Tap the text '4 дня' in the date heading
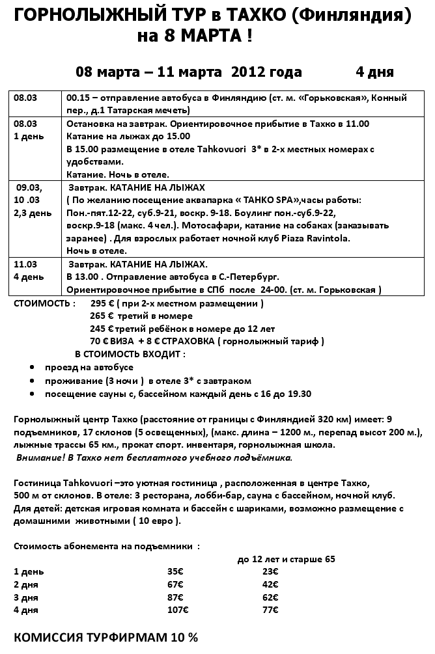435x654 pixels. point(374,72)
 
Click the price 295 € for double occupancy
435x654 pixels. point(102,303)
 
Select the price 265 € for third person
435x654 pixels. point(102,316)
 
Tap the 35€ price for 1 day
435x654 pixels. point(175,571)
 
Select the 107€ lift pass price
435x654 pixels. point(177,610)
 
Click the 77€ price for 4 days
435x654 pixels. point(270,610)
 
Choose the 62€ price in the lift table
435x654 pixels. point(270,597)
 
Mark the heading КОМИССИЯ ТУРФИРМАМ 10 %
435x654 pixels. point(105,637)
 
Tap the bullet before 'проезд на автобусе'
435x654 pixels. point(33,368)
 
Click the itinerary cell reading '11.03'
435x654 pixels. point(25,265)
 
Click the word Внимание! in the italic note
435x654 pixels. point(38,457)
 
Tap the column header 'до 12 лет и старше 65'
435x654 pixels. point(287,558)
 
